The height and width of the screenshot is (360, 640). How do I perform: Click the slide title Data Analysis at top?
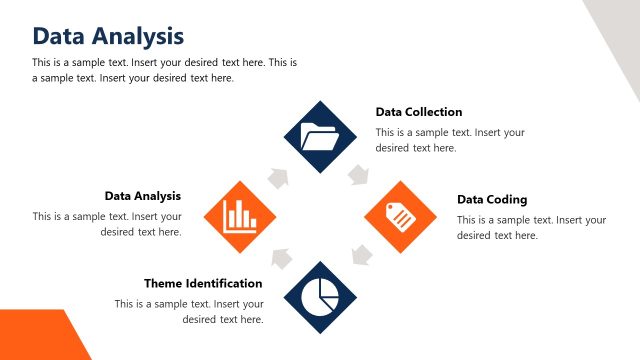pyautogui.click(x=108, y=36)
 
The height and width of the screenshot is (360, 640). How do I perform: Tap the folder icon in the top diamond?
pyautogui.click(x=320, y=136)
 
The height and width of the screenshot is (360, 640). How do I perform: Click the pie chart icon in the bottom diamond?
pyautogui.click(x=320, y=296)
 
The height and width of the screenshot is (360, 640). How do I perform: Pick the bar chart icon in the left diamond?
pyautogui.click(x=240, y=216)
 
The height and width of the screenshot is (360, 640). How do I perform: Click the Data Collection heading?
pyautogui.click(x=419, y=112)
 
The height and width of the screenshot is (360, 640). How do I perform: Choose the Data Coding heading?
pyautogui.click(x=492, y=199)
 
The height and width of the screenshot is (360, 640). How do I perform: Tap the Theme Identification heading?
pyautogui.click(x=203, y=283)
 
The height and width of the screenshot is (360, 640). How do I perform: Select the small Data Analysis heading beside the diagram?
pyautogui.click(x=143, y=196)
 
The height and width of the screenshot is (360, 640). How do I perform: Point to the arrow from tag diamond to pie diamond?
pyautogui.click(x=360, y=257)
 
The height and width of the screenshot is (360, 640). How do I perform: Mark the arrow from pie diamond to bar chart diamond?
pyautogui.click(x=281, y=257)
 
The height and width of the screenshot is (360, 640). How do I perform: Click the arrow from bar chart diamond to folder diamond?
pyautogui.click(x=279, y=177)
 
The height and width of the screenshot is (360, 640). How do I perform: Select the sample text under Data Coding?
pyautogui.click(x=531, y=227)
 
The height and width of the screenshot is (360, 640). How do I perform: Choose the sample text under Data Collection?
pyautogui.click(x=450, y=140)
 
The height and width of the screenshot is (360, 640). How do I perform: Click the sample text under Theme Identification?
pyautogui.click(x=190, y=311)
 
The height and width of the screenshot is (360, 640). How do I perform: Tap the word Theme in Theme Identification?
pyautogui.click(x=164, y=283)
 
